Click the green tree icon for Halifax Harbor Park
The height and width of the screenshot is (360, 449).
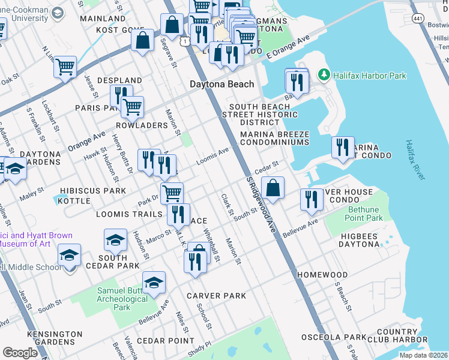pos(324,75)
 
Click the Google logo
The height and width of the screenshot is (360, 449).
pos(20,352)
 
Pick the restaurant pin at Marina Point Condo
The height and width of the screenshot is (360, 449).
pos(342,147)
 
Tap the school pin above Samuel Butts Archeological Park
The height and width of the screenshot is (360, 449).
pos(154,282)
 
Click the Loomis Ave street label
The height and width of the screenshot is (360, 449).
pos(213,157)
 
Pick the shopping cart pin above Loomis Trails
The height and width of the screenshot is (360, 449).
pos(172,193)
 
